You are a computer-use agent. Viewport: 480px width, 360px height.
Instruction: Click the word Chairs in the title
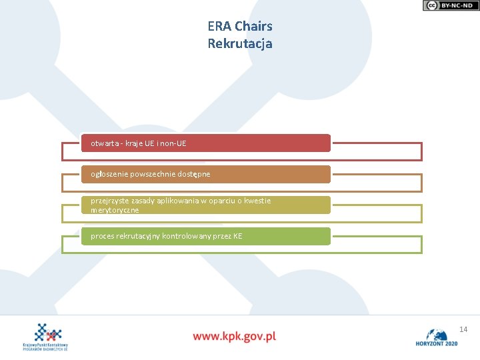click(x=254, y=27)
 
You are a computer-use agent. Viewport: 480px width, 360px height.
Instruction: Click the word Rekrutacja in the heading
click(x=240, y=44)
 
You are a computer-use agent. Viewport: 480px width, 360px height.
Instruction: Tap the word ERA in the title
click(x=219, y=27)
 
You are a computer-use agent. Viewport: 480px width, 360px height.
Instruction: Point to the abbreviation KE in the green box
click(x=237, y=236)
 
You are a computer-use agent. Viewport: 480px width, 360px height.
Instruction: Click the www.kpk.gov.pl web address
click(x=235, y=336)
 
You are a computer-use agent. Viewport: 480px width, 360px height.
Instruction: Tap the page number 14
click(x=463, y=329)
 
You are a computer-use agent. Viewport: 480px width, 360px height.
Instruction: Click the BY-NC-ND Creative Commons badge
click(x=451, y=5)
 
